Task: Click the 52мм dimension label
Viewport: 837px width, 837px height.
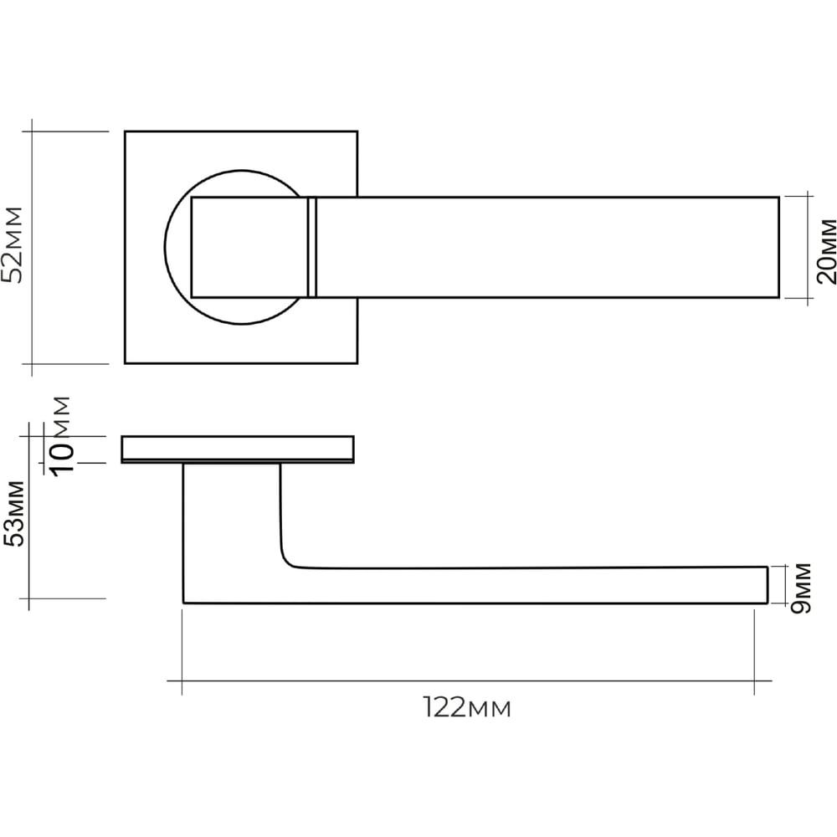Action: [x=13, y=245]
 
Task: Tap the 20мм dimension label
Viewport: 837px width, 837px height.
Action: [x=826, y=251]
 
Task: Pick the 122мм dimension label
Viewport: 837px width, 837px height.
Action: [x=467, y=708]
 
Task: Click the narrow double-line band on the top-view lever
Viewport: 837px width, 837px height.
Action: [x=312, y=247]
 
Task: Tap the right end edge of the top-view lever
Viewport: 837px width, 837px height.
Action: [x=778, y=247]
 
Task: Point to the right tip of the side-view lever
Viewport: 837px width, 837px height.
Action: [x=768, y=585]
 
